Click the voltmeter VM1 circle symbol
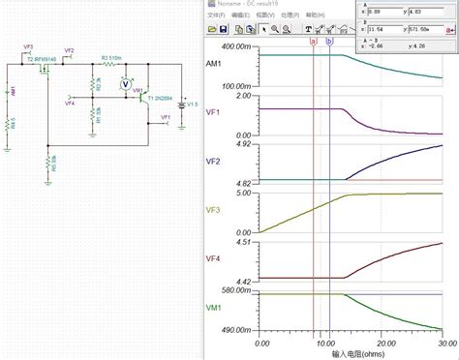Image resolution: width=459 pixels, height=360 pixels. click(x=123, y=85)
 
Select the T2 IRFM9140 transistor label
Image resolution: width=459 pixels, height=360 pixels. click(x=44, y=59)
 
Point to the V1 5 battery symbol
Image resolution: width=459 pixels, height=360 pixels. click(x=182, y=104)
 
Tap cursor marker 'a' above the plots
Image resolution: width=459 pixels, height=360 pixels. click(x=313, y=41)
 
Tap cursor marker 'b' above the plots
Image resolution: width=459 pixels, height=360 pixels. click(x=329, y=41)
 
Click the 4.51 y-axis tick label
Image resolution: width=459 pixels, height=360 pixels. click(x=245, y=242)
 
